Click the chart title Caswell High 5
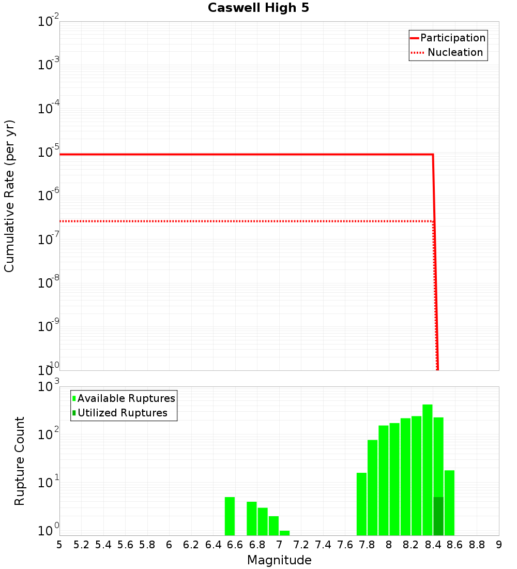258,8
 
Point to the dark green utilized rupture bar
438,516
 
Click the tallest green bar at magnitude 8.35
428,470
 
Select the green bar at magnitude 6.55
230,516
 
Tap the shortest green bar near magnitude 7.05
284,533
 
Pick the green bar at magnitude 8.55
449,502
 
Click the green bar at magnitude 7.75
361,504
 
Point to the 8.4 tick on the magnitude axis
433,545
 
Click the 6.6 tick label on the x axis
235,545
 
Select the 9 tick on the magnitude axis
498,545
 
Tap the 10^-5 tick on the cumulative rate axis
49,153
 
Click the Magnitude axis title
279,560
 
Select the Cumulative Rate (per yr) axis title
9,196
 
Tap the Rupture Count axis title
20,461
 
